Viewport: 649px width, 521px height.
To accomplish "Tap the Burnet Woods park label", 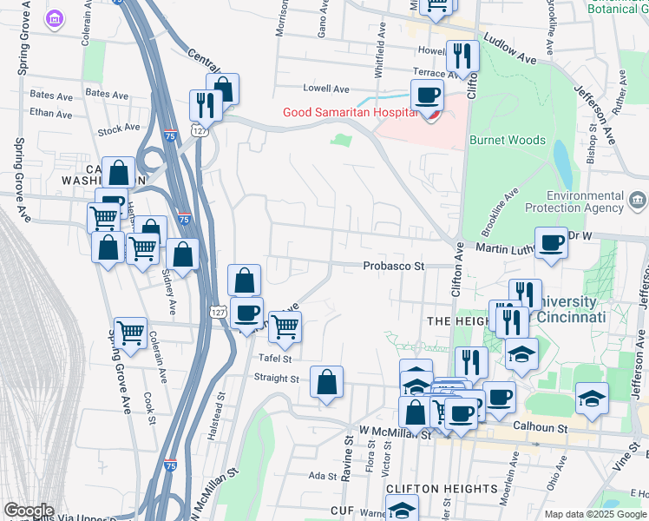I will click(x=507, y=140).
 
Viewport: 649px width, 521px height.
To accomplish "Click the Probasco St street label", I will click(x=393, y=266).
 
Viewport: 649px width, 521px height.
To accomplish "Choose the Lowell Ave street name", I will click(x=325, y=89).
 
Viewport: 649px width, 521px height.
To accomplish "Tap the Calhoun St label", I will click(x=540, y=427).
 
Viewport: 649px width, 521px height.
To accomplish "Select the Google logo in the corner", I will click(x=29, y=511).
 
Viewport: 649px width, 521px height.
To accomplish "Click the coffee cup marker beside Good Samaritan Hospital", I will click(x=426, y=98).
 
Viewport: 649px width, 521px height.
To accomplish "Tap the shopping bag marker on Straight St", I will click(x=326, y=382).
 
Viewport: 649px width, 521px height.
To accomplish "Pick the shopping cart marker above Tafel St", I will click(x=284, y=326).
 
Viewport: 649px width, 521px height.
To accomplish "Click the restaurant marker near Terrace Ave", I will click(x=462, y=57).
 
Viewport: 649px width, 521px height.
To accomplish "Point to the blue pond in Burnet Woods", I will click(x=562, y=164).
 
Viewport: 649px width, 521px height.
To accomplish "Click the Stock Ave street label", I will click(x=119, y=128).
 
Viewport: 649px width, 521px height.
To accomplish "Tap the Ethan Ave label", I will click(x=49, y=113).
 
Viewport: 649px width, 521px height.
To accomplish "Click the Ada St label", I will click(x=322, y=476).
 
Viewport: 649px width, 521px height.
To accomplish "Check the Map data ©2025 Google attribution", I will click(x=595, y=514).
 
